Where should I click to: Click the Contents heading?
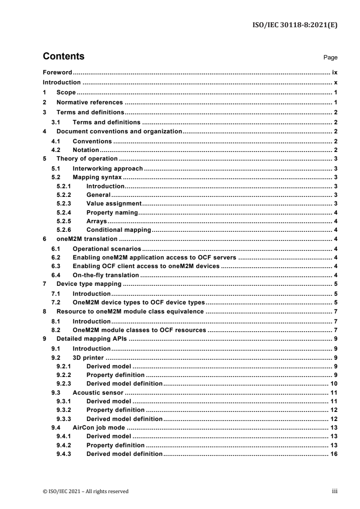63,57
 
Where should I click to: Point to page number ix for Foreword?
334,72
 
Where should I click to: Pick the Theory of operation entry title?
87,159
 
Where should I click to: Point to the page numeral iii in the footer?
335,491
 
